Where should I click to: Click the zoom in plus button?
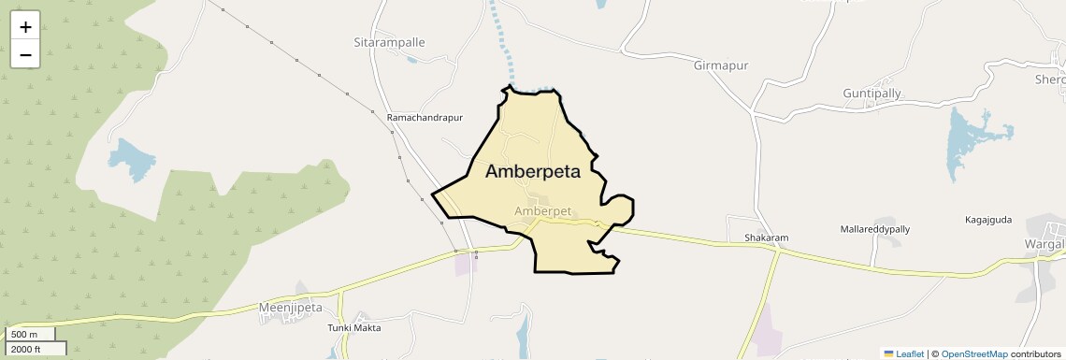pos(25,27)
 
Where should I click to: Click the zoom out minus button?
pos(25,54)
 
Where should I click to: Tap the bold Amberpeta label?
pos(533,172)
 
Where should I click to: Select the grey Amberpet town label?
pos(542,211)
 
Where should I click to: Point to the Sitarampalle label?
pos(389,43)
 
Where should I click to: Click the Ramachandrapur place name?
pos(425,118)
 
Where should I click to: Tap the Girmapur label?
pos(722,65)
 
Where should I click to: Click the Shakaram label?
pos(766,238)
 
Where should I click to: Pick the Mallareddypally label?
pos(874,229)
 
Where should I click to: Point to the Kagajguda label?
pos(988,220)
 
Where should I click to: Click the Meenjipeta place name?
pos(290,307)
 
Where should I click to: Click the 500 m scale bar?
pos(28,334)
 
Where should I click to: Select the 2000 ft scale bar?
pos(33,349)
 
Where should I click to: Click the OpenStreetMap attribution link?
pos(973,353)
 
